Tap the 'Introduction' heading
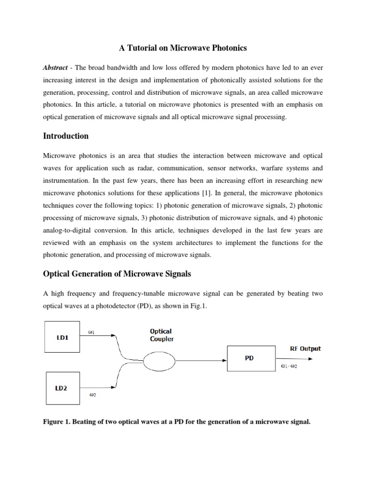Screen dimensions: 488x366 pos(66,136)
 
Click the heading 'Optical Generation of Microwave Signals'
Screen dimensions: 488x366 pos(118,274)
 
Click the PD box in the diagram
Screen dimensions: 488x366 pos(249,358)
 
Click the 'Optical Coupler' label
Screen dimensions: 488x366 pos(161,335)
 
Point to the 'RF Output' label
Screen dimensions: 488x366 pos(305,348)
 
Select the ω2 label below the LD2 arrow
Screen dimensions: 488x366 pos(92,394)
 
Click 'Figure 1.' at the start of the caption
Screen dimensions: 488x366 pos(59,421)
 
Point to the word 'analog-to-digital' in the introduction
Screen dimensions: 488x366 pos(65,230)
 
